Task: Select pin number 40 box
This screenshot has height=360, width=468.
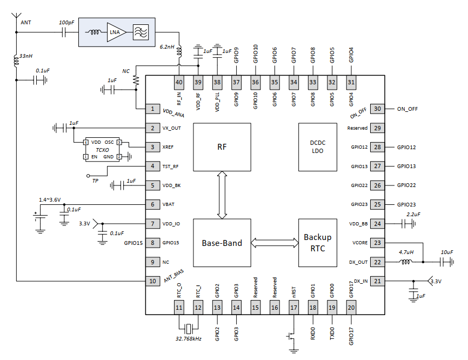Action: tap(179, 82)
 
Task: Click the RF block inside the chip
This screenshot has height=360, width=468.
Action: tap(222, 147)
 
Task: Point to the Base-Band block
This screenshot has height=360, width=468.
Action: tap(222, 243)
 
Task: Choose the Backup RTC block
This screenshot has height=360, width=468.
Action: tap(317, 243)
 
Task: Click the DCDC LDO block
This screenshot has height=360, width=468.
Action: tap(317, 147)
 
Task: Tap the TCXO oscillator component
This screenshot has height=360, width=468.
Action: tap(103, 149)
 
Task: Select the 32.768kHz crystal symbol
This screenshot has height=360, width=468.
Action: tap(188, 329)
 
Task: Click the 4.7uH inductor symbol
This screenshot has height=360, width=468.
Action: tap(405, 262)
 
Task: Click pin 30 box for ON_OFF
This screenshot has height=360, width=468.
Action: tap(377, 109)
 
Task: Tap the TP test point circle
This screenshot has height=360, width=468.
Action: tap(88, 176)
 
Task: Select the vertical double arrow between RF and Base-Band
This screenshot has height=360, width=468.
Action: tap(222, 195)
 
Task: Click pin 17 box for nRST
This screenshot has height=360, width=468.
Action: tap(294, 308)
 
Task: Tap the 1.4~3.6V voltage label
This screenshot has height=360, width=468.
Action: tap(49, 200)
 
